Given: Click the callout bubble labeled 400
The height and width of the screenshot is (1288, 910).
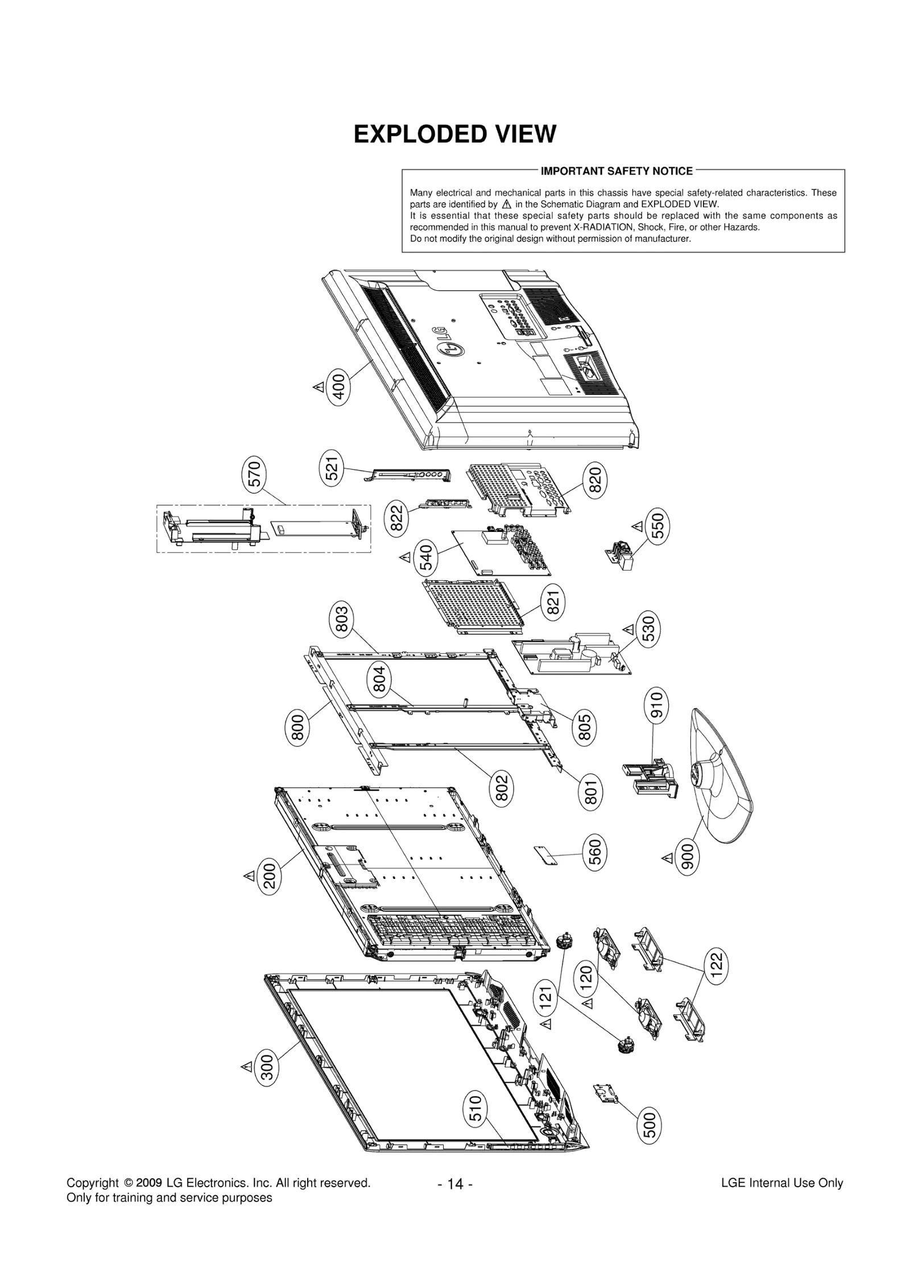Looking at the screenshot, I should click(x=339, y=387).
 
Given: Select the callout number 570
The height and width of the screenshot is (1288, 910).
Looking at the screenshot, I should click(x=255, y=475).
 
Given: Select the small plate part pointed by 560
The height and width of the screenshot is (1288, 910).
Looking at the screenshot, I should click(x=546, y=854).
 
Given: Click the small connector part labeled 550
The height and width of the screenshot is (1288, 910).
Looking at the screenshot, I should click(x=620, y=554).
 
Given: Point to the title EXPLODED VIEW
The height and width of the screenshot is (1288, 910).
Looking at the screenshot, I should click(x=454, y=134).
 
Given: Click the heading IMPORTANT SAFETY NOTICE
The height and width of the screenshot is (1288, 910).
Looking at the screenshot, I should click(x=616, y=171).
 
